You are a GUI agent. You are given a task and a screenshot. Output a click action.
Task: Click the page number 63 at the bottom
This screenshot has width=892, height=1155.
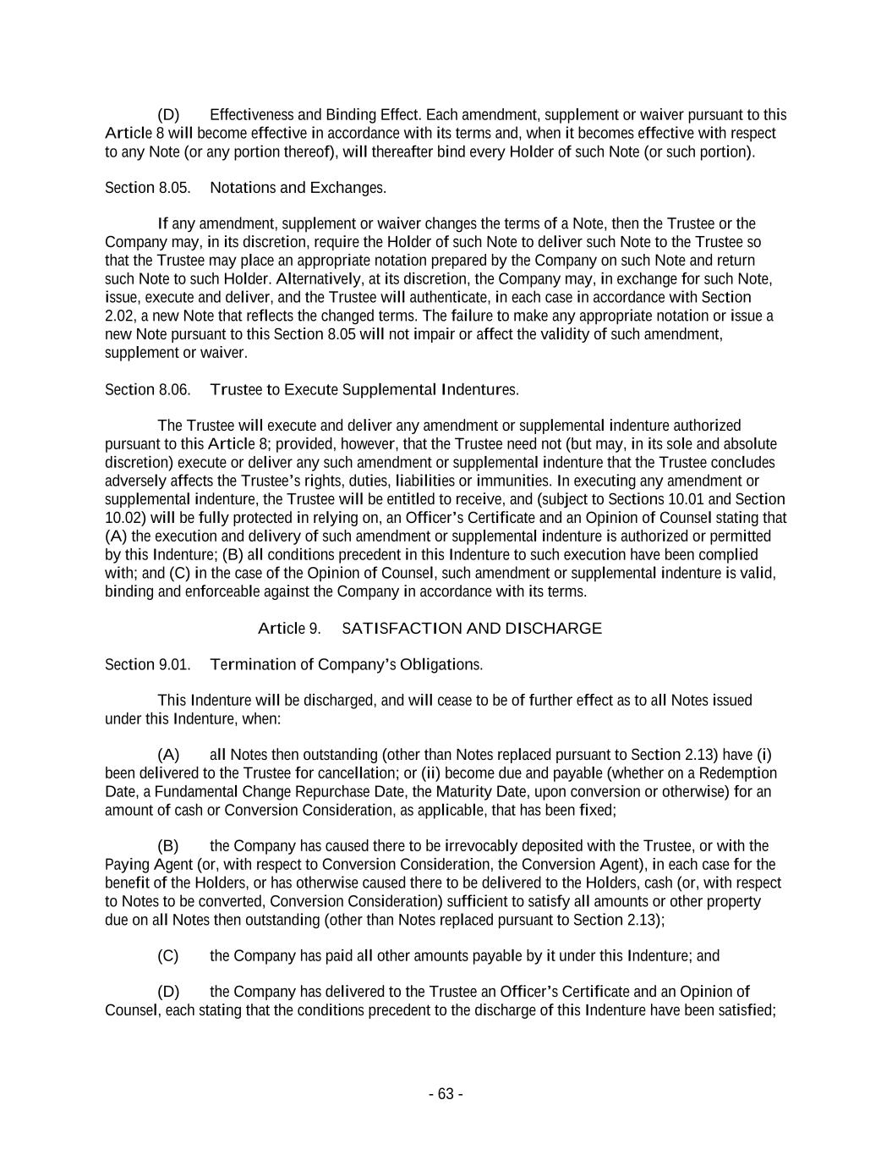pyautogui.click(x=445, y=1094)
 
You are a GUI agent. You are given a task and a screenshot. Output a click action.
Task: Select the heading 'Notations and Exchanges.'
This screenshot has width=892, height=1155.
pyautogui.click(x=298, y=188)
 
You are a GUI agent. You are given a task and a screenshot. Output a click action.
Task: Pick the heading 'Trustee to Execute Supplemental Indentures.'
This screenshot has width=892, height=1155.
pyautogui.click(x=364, y=390)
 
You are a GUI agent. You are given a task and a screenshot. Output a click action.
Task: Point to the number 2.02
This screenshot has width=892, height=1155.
pyautogui.click(x=119, y=316)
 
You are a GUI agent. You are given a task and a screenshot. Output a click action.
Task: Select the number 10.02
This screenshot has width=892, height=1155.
pyautogui.click(x=123, y=518)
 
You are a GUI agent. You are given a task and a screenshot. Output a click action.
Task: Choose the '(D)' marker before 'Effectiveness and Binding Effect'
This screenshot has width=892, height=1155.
pyautogui.click(x=168, y=115)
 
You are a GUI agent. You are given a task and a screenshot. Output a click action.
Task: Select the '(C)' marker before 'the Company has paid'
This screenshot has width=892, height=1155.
pyautogui.click(x=168, y=956)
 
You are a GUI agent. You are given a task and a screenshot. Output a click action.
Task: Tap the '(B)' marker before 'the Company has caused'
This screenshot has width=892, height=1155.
pyautogui.click(x=168, y=846)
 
